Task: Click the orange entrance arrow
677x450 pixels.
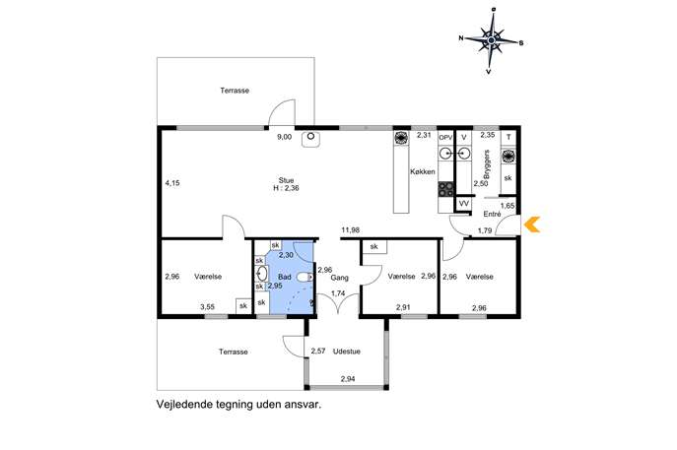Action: (532, 225)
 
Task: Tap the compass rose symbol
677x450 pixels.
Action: (491, 41)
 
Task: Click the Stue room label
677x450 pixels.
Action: (286, 180)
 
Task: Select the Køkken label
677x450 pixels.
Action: (423, 171)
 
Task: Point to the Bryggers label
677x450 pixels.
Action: (487, 164)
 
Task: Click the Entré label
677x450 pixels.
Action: (492, 214)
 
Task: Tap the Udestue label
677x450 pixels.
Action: (346, 352)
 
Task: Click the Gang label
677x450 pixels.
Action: (339, 278)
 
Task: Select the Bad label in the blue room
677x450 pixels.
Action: (285, 277)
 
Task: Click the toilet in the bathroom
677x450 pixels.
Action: (305, 277)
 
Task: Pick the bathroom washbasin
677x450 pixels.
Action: (262, 274)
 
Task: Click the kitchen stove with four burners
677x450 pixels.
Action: (446, 189)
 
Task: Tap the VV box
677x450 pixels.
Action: (464, 204)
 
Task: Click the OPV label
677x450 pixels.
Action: (445, 138)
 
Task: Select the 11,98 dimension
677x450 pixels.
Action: (350, 230)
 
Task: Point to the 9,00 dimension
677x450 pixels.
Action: (284, 137)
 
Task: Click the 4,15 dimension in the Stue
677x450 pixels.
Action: (172, 183)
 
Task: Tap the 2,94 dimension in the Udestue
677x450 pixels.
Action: (348, 379)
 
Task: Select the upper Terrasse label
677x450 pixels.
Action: (235, 91)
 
